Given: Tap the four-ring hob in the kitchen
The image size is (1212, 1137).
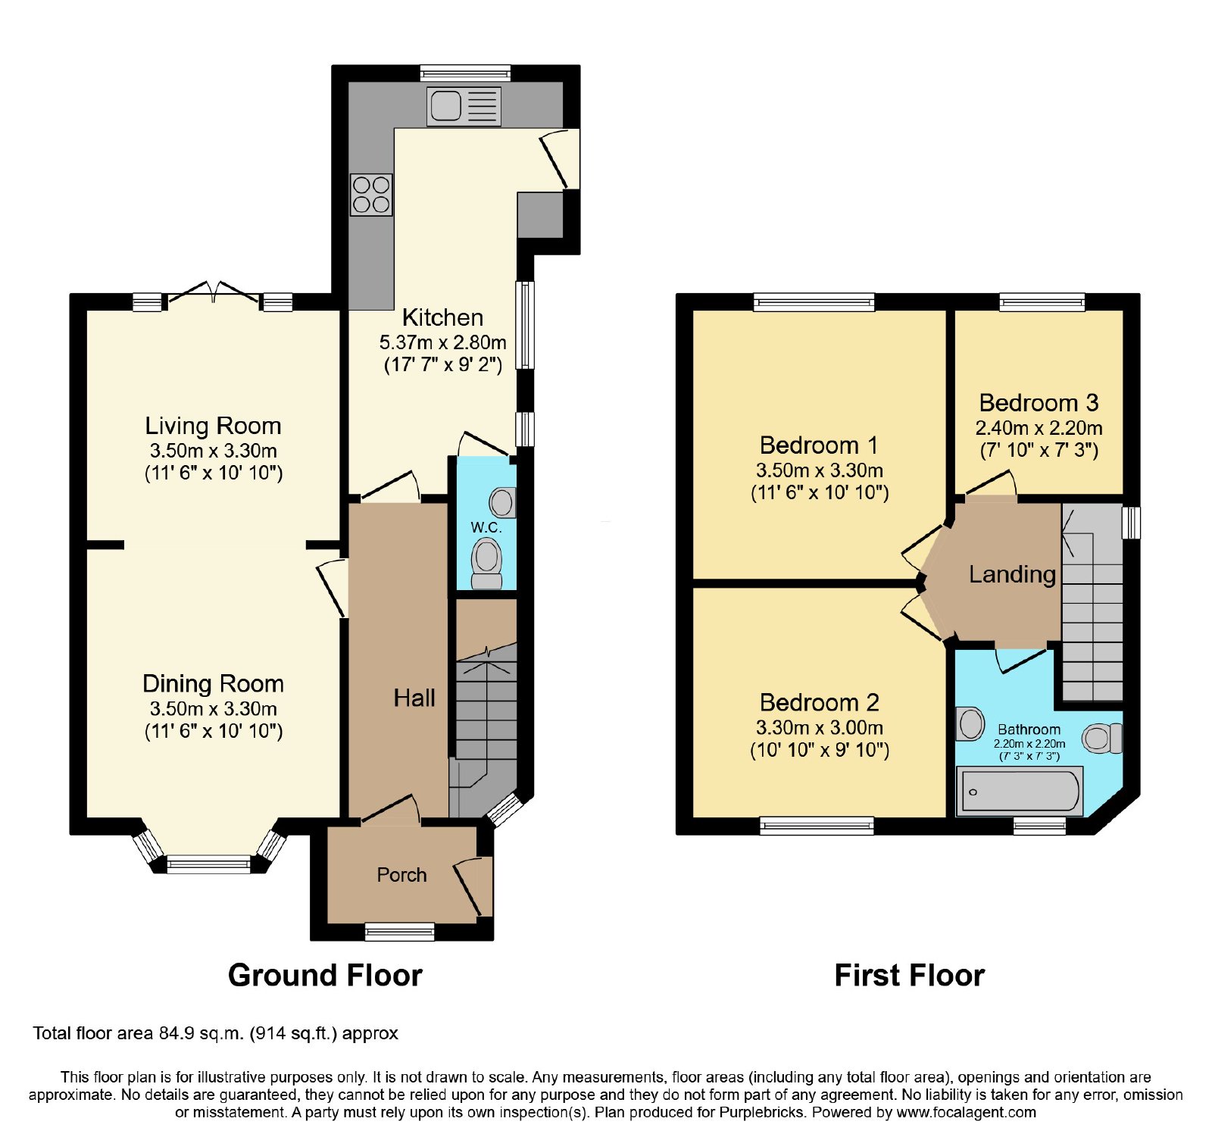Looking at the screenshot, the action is [x=371, y=195].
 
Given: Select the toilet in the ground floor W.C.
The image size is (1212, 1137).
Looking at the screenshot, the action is [x=486, y=564].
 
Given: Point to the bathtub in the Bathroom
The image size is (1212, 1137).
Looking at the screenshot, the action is [x=1020, y=791].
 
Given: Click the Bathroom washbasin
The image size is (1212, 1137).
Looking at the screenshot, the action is [x=970, y=723].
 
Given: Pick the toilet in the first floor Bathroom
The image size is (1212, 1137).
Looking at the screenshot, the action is [x=1102, y=739].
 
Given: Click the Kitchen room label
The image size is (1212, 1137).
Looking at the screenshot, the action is [x=442, y=317].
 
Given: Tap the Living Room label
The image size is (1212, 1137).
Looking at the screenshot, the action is [x=213, y=426].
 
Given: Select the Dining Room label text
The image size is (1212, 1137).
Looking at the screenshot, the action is [x=213, y=684].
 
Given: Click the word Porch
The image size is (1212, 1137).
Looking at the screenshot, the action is [x=401, y=875].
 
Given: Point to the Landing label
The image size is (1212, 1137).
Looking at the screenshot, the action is [x=1012, y=574].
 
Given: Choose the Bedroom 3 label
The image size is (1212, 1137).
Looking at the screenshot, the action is [x=1039, y=402].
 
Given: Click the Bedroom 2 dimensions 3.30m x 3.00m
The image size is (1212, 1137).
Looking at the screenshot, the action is [x=820, y=728].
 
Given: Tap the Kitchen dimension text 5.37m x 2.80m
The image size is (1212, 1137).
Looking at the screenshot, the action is [x=443, y=342].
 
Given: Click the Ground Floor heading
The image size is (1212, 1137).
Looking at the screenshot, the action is [x=325, y=976].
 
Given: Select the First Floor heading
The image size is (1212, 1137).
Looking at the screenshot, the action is [x=909, y=976].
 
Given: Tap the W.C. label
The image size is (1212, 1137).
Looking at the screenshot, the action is [x=486, y=527].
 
